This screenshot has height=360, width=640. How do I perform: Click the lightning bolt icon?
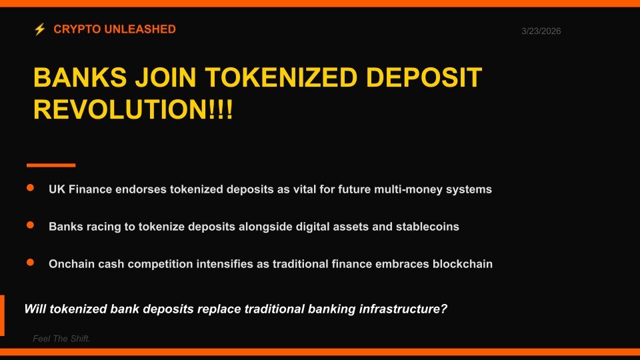pos(39,29)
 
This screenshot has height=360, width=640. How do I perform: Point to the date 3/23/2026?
pos(541,31)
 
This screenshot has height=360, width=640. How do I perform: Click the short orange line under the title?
pos(51,165)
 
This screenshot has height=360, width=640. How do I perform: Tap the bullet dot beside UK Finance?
pos(30,189)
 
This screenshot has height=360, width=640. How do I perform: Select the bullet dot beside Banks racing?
pos(30,226)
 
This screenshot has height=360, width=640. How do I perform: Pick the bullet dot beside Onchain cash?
pos(30,263)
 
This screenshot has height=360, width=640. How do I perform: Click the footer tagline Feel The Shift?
pos(61,339)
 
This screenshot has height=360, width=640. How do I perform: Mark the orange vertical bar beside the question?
pos(2,315)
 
